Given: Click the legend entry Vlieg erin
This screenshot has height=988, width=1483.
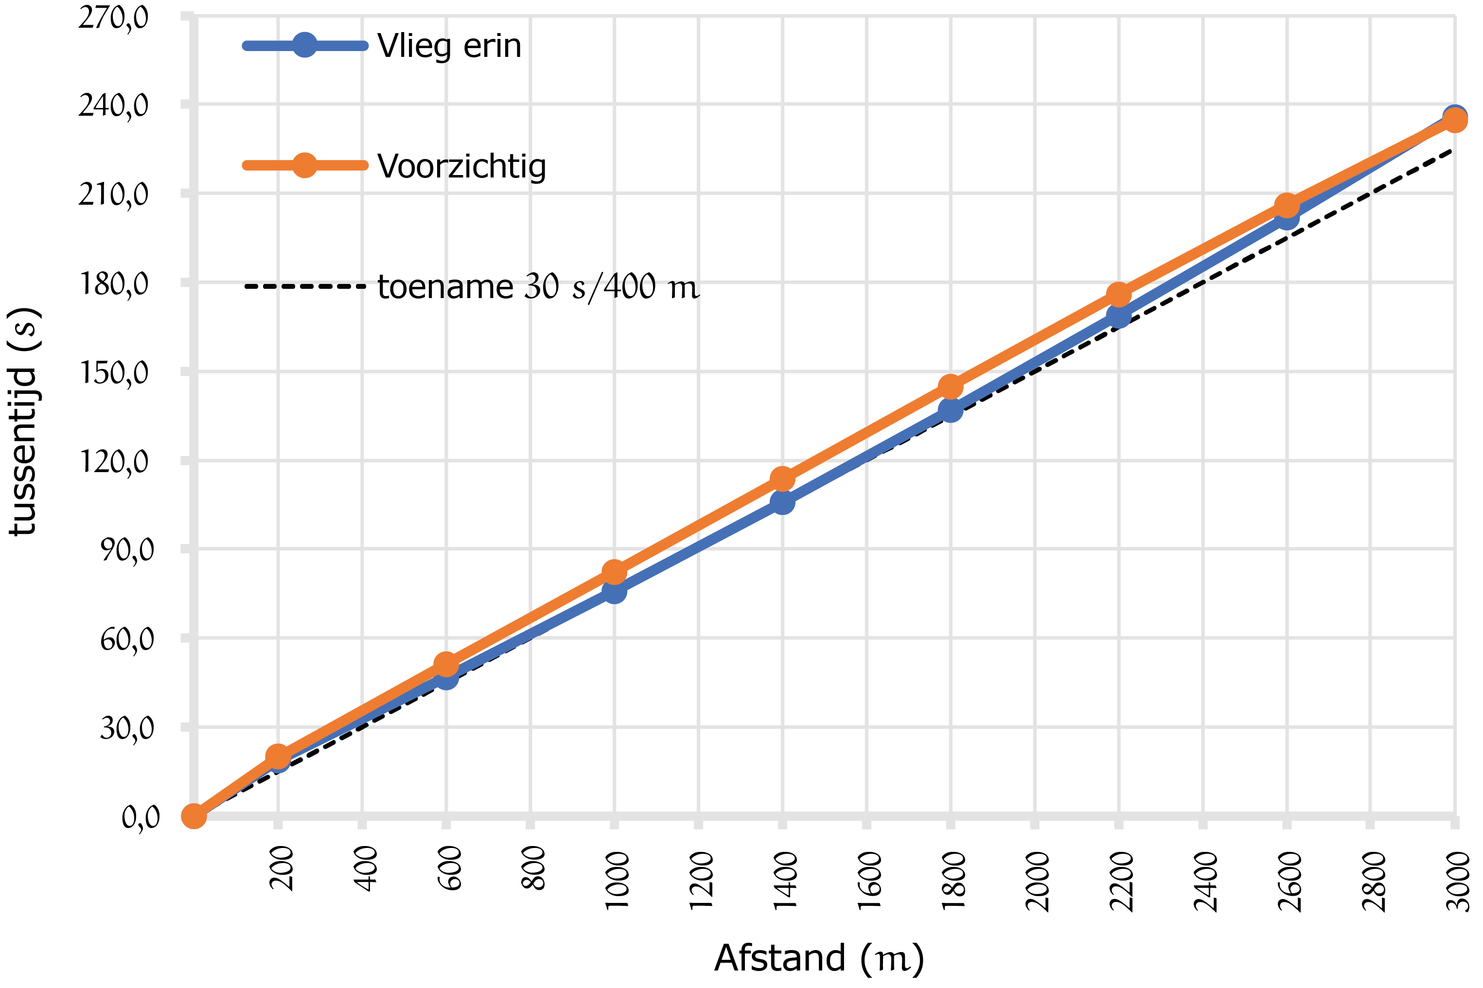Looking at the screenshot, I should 449,46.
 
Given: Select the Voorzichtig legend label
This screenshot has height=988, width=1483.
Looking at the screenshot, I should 461,166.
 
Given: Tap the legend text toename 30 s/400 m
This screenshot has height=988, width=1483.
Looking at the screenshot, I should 537,287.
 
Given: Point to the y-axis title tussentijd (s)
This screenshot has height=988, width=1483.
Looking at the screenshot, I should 24,421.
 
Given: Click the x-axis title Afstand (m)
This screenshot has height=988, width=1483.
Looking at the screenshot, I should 818,958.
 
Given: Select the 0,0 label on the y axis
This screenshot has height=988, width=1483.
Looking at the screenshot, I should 140,817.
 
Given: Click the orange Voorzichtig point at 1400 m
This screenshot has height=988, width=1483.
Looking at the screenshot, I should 782,479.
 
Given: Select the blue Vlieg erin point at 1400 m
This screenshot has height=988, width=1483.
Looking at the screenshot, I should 782,502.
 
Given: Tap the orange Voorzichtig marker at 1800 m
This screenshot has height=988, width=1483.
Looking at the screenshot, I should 950,386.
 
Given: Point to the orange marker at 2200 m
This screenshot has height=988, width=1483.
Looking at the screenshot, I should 1118,294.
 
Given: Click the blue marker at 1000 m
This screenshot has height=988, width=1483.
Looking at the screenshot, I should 614,591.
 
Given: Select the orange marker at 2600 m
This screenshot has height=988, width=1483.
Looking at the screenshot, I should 1287,205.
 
